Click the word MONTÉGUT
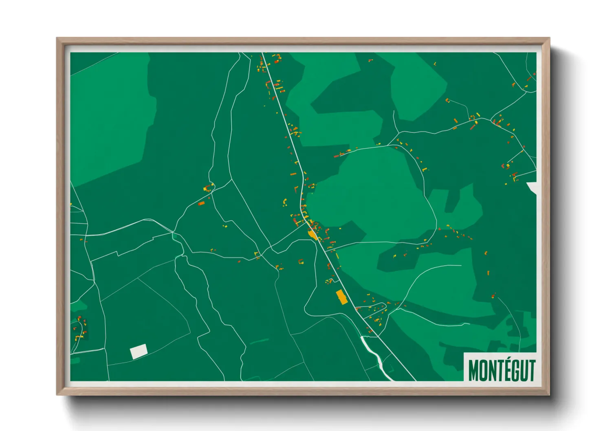(502, 370)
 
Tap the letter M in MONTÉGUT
(473, 370)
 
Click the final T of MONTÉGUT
(531, 370)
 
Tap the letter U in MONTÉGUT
(523, 370)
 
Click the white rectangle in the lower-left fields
(139, 351)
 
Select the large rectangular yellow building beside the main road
(341, 297)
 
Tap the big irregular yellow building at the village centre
(313, 235)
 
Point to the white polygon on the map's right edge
(533, 187)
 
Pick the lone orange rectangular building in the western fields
(201, 203)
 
